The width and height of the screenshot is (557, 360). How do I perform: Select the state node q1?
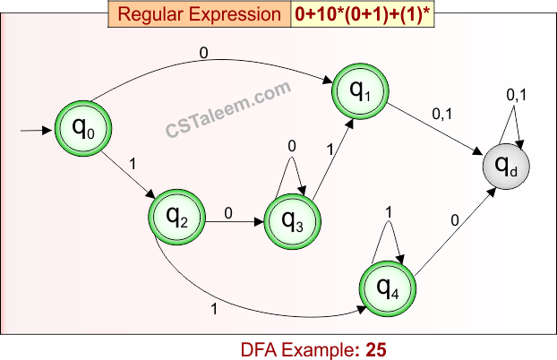pos(359,90)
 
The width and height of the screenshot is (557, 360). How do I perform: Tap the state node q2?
pos(177,213)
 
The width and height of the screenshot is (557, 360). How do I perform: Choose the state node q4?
pos(388,287)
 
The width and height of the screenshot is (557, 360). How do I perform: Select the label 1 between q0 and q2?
pos(133,164)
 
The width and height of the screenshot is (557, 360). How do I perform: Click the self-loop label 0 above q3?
pos(292,146)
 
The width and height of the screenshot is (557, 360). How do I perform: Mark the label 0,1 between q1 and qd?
pos(441,115)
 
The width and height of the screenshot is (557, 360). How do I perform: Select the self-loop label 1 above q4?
pos(388,212)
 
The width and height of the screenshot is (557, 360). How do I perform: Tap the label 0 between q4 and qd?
pos(455,219)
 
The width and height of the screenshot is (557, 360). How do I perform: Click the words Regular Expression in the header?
pos(199,14)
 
